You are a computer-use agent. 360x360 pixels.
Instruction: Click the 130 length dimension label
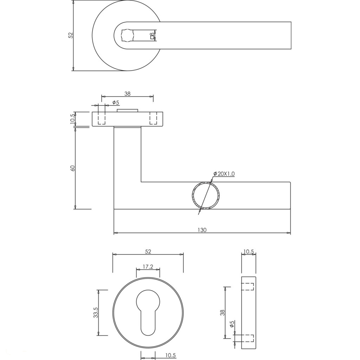tap(202, 230)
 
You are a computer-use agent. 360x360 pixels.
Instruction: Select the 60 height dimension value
tap(72, 168)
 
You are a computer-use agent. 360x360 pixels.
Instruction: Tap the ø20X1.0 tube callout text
tap(224, 174)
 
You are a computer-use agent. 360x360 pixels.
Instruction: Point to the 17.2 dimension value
tap(148, 266)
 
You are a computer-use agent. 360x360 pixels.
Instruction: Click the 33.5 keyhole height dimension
tap(96, 313)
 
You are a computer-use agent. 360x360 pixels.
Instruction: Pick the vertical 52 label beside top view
tap(70, 35)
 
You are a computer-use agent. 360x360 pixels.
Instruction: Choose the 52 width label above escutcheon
tap(148, 252)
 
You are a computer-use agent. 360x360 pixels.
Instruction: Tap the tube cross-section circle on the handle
tap(206, 195)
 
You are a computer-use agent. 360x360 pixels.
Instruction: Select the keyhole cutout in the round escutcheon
tap(148, 312)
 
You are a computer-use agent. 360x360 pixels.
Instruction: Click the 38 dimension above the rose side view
tap(127, 94)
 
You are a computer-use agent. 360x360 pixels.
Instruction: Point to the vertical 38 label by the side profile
tap(222, 313)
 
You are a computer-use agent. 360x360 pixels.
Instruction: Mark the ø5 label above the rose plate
tap(116, 102)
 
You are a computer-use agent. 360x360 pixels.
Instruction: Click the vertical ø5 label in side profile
tap(232, 324)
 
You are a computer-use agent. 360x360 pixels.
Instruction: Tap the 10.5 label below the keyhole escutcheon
tap(171, 355)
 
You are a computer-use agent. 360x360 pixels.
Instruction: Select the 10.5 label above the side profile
tap(249, 252)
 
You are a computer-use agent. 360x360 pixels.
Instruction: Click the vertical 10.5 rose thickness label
tap(72, 119)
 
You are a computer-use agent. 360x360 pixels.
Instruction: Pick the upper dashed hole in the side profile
tap(247, 287)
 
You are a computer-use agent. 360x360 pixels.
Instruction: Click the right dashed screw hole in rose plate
tap(153, 118)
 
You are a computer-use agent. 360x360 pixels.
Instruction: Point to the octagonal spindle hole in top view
tap(127, 36)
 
